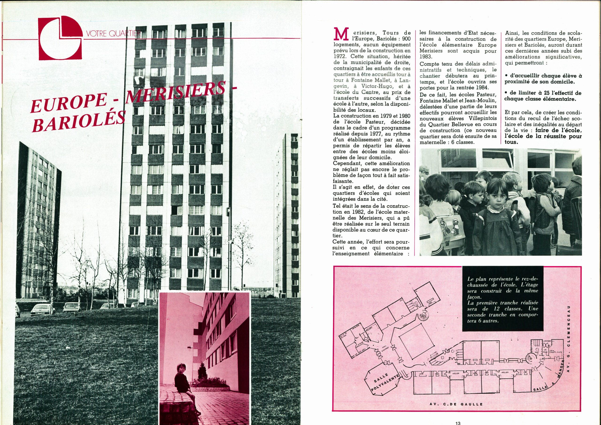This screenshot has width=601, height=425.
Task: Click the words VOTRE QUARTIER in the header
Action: tap(113, 34)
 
